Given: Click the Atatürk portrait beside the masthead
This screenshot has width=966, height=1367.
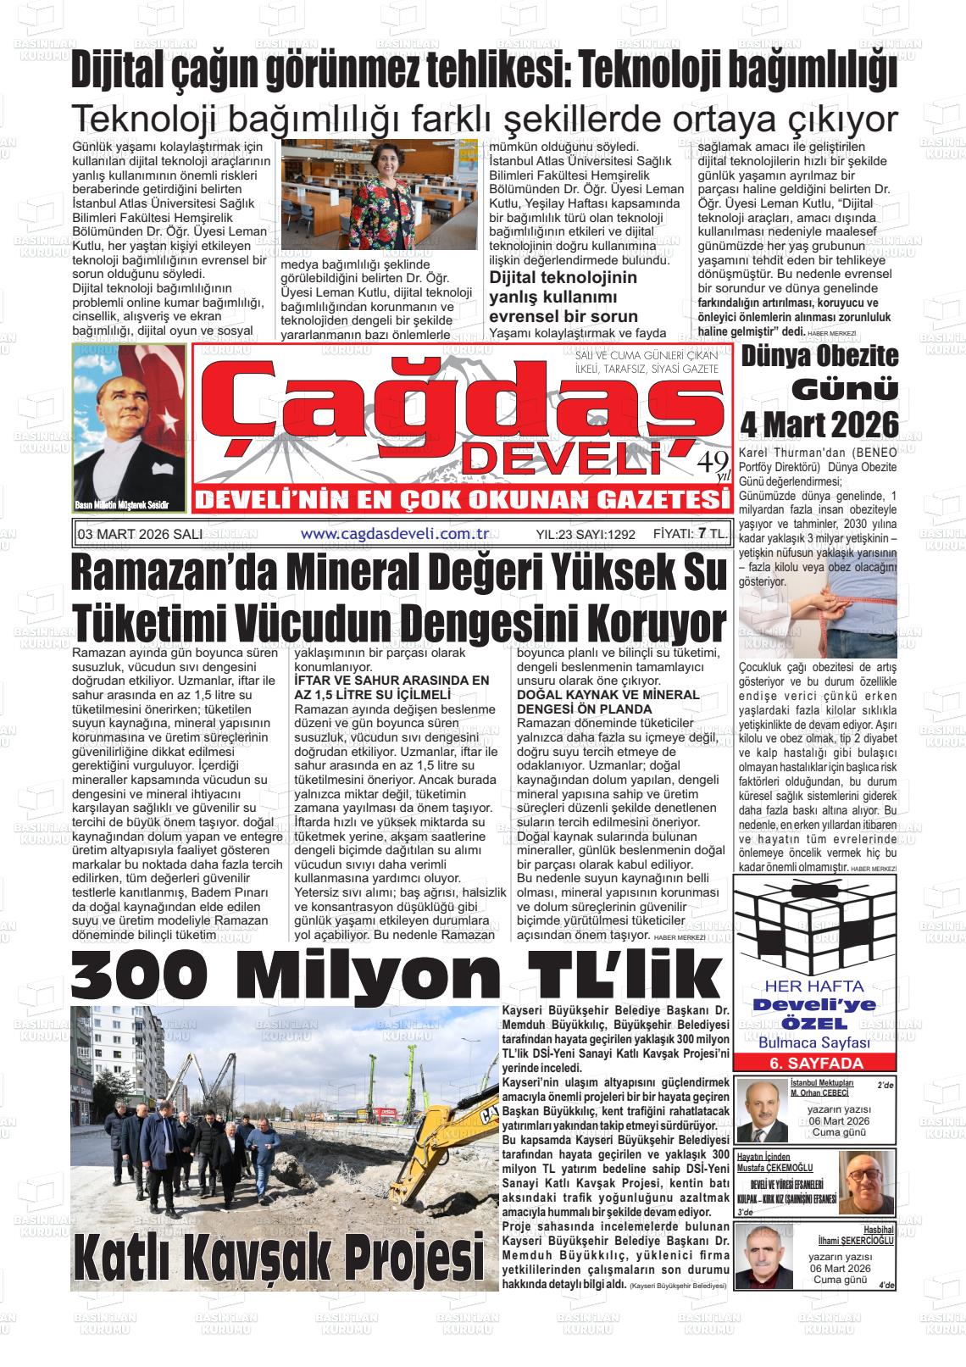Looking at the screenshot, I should point(129,428).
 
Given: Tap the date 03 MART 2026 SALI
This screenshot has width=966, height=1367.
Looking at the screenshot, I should point(139,534).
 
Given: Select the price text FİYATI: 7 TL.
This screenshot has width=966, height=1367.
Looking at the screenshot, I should point(690,533).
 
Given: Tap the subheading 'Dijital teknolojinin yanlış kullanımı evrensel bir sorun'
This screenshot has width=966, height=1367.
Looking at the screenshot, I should point(564,297).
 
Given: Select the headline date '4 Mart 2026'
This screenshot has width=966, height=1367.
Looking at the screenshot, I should point(819,422).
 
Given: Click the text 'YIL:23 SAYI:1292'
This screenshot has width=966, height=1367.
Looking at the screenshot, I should point(586,534).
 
